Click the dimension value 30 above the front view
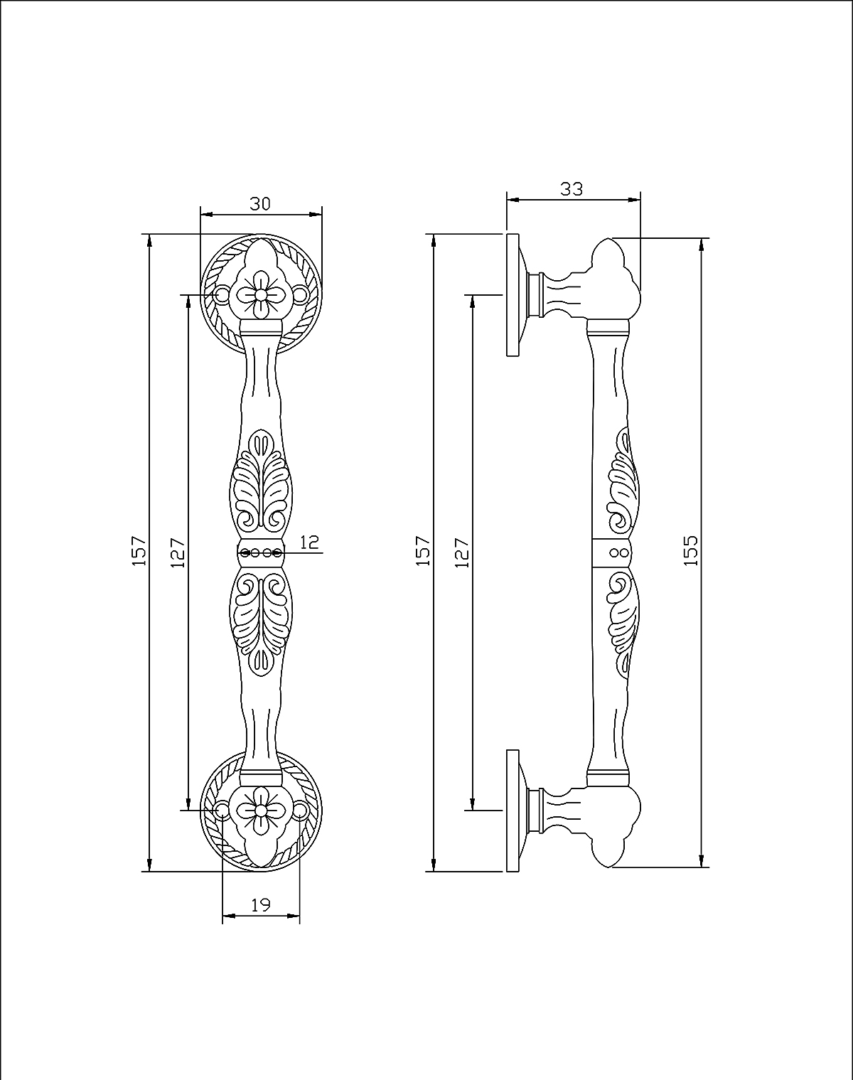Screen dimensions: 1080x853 (x=260, y=204)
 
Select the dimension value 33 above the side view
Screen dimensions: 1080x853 (x=572, y=189)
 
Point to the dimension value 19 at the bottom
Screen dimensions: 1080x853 (x=261, y=905)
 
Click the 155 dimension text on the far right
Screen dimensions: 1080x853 (x=690, y=550)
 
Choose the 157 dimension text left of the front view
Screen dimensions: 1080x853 (x=139, y=551)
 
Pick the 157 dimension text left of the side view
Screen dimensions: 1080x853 (x=424, y=551)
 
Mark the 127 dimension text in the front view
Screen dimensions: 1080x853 (x=178, y=552)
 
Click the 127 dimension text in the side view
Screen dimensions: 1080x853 (x=462, y=552)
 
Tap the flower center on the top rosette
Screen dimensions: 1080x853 (x=261, y=294)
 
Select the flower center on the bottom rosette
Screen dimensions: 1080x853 (x=261, y=810)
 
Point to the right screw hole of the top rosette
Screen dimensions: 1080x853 (x=300, y=294)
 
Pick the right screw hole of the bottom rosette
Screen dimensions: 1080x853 (x=300, y=810)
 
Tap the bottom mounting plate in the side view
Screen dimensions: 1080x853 (x=513, y=810)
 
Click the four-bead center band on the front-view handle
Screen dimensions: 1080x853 (x=261, y=552)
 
